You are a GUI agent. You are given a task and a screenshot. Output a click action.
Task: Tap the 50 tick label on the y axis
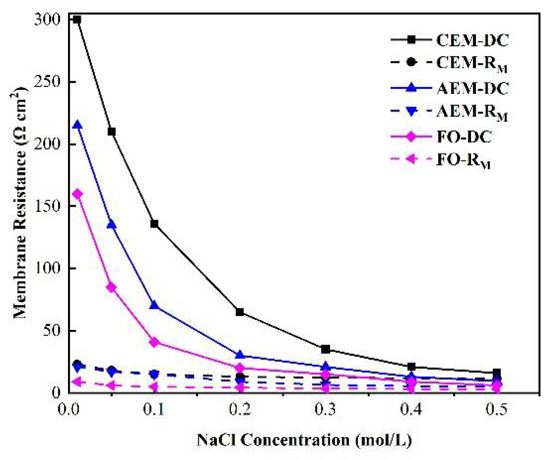click(51, 331)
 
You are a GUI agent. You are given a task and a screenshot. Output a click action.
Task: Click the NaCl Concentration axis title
click(304, 440)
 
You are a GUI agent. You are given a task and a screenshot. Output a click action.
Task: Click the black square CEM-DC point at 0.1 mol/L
click(154, 224)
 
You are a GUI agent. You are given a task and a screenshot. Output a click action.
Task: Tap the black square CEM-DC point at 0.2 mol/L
click(240, 312)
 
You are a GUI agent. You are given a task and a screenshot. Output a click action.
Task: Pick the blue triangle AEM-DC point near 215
click(77, 125)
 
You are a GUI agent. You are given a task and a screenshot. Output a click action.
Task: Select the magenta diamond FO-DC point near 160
click(77, 194)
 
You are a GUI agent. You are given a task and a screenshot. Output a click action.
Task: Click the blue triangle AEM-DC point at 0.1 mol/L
click(154, 305)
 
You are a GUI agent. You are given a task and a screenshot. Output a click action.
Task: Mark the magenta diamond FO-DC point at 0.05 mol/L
click(112, 288)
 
